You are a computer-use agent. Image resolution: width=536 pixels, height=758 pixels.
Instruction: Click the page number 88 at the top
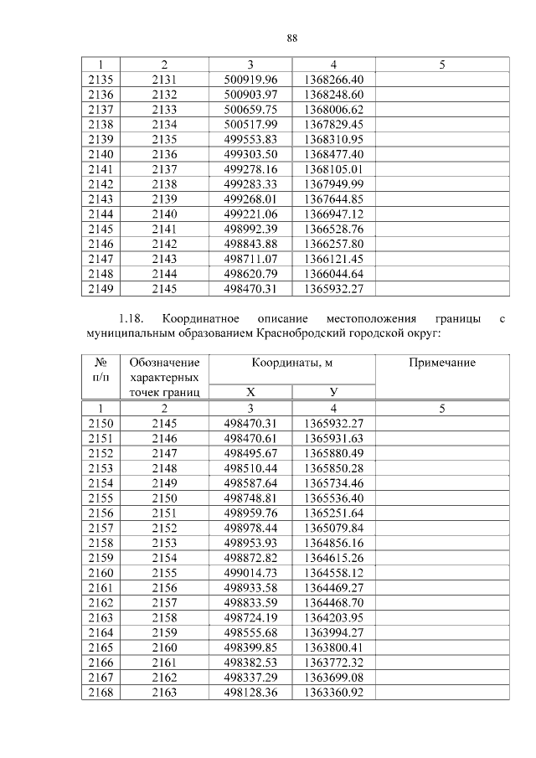(x=292, y=39)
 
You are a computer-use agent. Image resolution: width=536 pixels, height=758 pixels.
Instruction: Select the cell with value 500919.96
(x=250, y=79)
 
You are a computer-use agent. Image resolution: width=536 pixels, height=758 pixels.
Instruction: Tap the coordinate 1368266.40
(x=333, y=79)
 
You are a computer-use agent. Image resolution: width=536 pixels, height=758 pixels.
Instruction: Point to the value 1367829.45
(x=333, y=123)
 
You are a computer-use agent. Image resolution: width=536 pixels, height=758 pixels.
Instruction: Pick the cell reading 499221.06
(x=250, y=214)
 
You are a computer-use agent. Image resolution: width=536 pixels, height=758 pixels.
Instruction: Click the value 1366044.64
(x=333, y=274)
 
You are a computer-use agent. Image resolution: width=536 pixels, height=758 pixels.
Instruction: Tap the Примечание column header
(x=441, y=363)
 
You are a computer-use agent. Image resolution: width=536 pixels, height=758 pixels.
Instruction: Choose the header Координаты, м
(x=291, y=363)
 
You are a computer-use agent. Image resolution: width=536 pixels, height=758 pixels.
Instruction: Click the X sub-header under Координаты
(x=250, y=392)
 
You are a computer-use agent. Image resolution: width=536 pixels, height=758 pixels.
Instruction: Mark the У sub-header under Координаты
(x=333, y=392)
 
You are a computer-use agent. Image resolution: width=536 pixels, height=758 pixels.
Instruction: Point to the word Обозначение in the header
(x=165, y=363)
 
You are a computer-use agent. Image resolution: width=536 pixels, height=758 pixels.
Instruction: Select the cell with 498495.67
(x=250, y=453)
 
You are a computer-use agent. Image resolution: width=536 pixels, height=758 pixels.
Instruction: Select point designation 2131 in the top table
(x=165, y=79)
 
